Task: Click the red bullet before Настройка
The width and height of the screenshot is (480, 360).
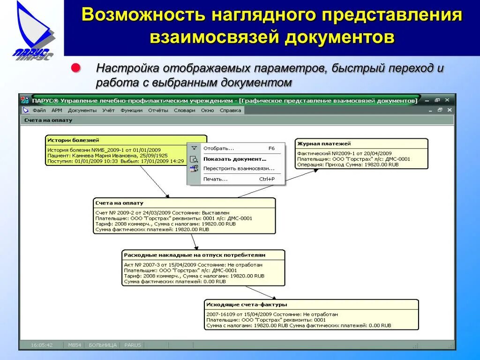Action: pyautogui.click(x=75, y=68)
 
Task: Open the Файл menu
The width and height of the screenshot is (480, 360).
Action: pyautogui.click(x=39, y=111)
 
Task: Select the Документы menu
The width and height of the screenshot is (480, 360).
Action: pyautogui.click(x=82, y=111)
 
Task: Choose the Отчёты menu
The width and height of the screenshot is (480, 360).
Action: pyautogui.click(x=158, y=111)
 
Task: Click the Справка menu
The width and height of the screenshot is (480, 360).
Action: pyautogui.click(x=230, y=111)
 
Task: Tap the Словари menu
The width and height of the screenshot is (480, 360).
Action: pyautogui.click(x=184, y=111)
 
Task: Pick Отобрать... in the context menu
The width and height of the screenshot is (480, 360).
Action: pyautogui.click(x=218, y=149)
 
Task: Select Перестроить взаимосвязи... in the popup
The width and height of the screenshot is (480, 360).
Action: pyautogui.click(x=239, y=168)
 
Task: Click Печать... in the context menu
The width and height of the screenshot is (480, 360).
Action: pyautogui.click(x=215, y=179)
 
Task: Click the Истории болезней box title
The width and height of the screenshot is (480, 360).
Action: pyautogui.click(x=74, y=140)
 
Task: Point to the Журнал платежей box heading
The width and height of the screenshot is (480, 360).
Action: pyautogui.click(x=324, y=144)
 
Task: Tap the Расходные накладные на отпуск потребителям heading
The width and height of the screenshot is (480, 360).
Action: pyautogui.click(x=195, y=255)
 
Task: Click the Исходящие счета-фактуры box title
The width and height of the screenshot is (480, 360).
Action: pyautogui.click(x=247, y=305)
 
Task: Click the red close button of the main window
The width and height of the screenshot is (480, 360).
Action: pyautogui.click(x=447, y=100)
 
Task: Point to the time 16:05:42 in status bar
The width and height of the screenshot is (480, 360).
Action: pyautogui.click(x=42, y=345)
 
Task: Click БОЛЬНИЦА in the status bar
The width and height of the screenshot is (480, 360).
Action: pyautogui.click(x=103, y=345)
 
